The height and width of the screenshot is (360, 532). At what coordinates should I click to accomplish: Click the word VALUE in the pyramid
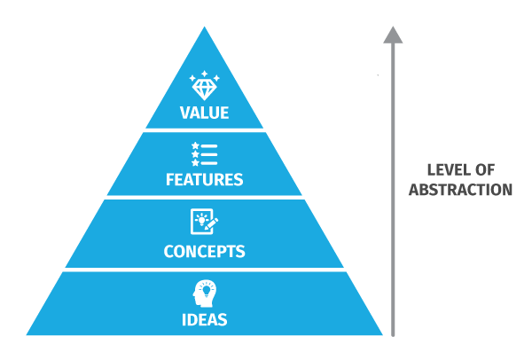pos(204,113)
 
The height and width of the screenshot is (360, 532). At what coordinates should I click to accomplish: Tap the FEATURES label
pos(204,179)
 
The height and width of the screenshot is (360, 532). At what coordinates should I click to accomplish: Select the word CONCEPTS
pos(204,252)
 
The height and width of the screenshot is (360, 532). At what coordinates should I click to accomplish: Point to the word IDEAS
pos(204,320)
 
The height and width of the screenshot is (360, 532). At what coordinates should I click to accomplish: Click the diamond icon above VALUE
pos(204,86)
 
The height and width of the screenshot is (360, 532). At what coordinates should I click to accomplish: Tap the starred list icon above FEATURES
pos(204,154)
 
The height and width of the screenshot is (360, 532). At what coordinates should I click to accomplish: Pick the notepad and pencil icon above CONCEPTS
pos(204,222)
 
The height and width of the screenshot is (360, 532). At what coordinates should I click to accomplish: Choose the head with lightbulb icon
pos(205,293)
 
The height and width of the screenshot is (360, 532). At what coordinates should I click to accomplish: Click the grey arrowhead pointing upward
pos(393,35)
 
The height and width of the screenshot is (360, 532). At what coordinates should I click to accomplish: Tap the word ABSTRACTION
pos(460,190)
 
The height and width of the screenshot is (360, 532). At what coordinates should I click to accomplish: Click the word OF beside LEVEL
pos(484,170)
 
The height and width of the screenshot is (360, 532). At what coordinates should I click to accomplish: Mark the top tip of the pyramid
pos(204,27)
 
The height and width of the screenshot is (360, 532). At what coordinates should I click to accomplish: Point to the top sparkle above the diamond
pos(204,74)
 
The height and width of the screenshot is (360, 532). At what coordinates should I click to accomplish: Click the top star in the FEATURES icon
pos(195,145)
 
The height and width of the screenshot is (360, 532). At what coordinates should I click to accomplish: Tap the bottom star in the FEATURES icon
pos(195,163)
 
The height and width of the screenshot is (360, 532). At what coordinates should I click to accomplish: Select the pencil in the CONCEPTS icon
pos(212,223)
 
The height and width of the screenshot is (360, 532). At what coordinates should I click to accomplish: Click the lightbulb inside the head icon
pos(207,291)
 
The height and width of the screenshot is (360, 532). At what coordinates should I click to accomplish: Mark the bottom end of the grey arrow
pos(393,336)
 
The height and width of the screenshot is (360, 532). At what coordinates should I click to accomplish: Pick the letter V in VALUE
pos(185,113)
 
